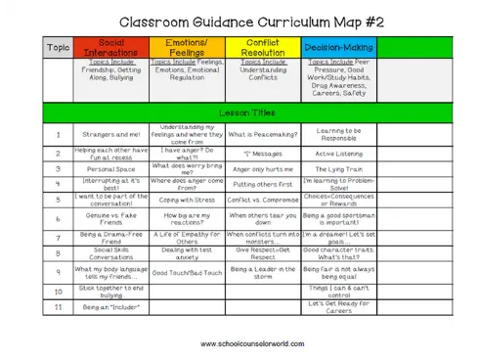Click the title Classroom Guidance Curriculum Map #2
[x=239, y=21]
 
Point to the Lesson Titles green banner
[x=239, y=112]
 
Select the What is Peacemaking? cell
[x=262, y=134]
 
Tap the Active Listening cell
[x=338, y=154]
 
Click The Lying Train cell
[x=338, y=168]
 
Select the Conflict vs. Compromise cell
[x=262, y=199]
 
